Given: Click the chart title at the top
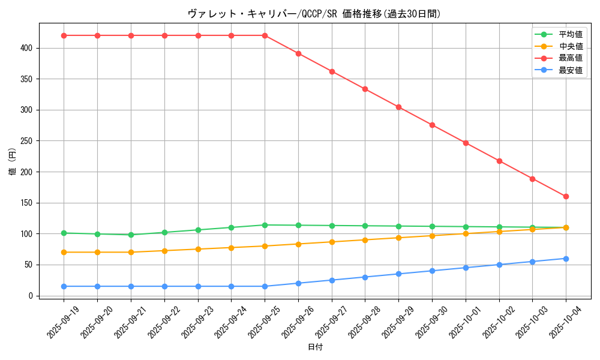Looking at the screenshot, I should click(x=314, y=14).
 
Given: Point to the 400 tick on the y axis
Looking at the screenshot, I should click(x=26, y=48).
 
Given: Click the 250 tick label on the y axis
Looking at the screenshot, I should click(x=26, y=141).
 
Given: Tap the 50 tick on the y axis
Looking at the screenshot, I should click(x=29, y=265).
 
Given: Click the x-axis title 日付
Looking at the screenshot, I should click(x=315, y=347).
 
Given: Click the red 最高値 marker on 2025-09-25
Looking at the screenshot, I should click(x=265, y=35).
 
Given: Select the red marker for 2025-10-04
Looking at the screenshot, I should click(x=566, y=196).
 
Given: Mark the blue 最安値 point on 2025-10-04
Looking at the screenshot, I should click(x=566, y=259).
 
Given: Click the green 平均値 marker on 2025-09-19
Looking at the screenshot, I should click(x=64, y=233).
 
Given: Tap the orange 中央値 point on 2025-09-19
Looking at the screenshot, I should click(x=64, y=252).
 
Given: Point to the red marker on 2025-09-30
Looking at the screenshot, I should click(x=432, y=125).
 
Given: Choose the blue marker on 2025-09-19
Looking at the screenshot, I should click(x=64, y=286).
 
